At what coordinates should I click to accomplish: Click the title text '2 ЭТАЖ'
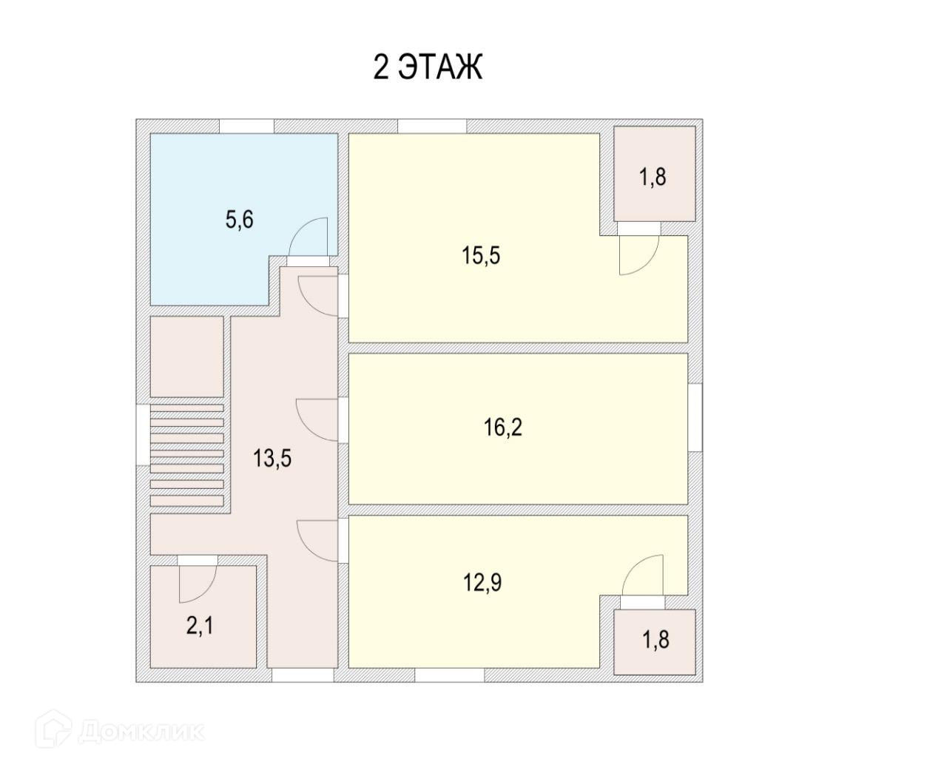tap(428, 67)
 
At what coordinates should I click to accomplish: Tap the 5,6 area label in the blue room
tap(239, 220)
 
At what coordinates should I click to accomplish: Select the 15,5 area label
tap(482, 256)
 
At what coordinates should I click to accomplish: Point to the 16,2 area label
tap(503, 427)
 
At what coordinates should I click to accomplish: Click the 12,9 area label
tap(482, 583)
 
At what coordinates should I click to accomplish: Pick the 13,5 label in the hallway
tap(272, 459)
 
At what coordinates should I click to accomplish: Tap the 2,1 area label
tap(200, 627)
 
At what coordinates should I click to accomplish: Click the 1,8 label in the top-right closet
tap(653, 178)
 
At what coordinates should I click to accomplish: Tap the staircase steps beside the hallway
tap(187, 456)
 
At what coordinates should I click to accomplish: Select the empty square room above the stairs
tap(187, 357)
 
